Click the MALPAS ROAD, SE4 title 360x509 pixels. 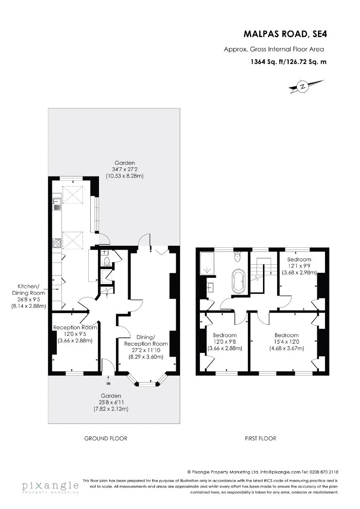coord(285,34)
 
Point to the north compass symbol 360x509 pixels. coord(303,87)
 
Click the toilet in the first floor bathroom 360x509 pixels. coord(238,256)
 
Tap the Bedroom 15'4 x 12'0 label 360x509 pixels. coord(287,342)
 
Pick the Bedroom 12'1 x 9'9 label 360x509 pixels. coord(299,266)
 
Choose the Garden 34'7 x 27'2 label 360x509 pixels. coord(124,170)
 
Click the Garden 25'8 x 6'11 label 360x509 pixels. coord(111,402)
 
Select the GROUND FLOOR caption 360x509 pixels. coord(106,438)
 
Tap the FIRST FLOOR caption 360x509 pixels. coord(260,438)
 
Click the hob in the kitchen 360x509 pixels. coord(57,243)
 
